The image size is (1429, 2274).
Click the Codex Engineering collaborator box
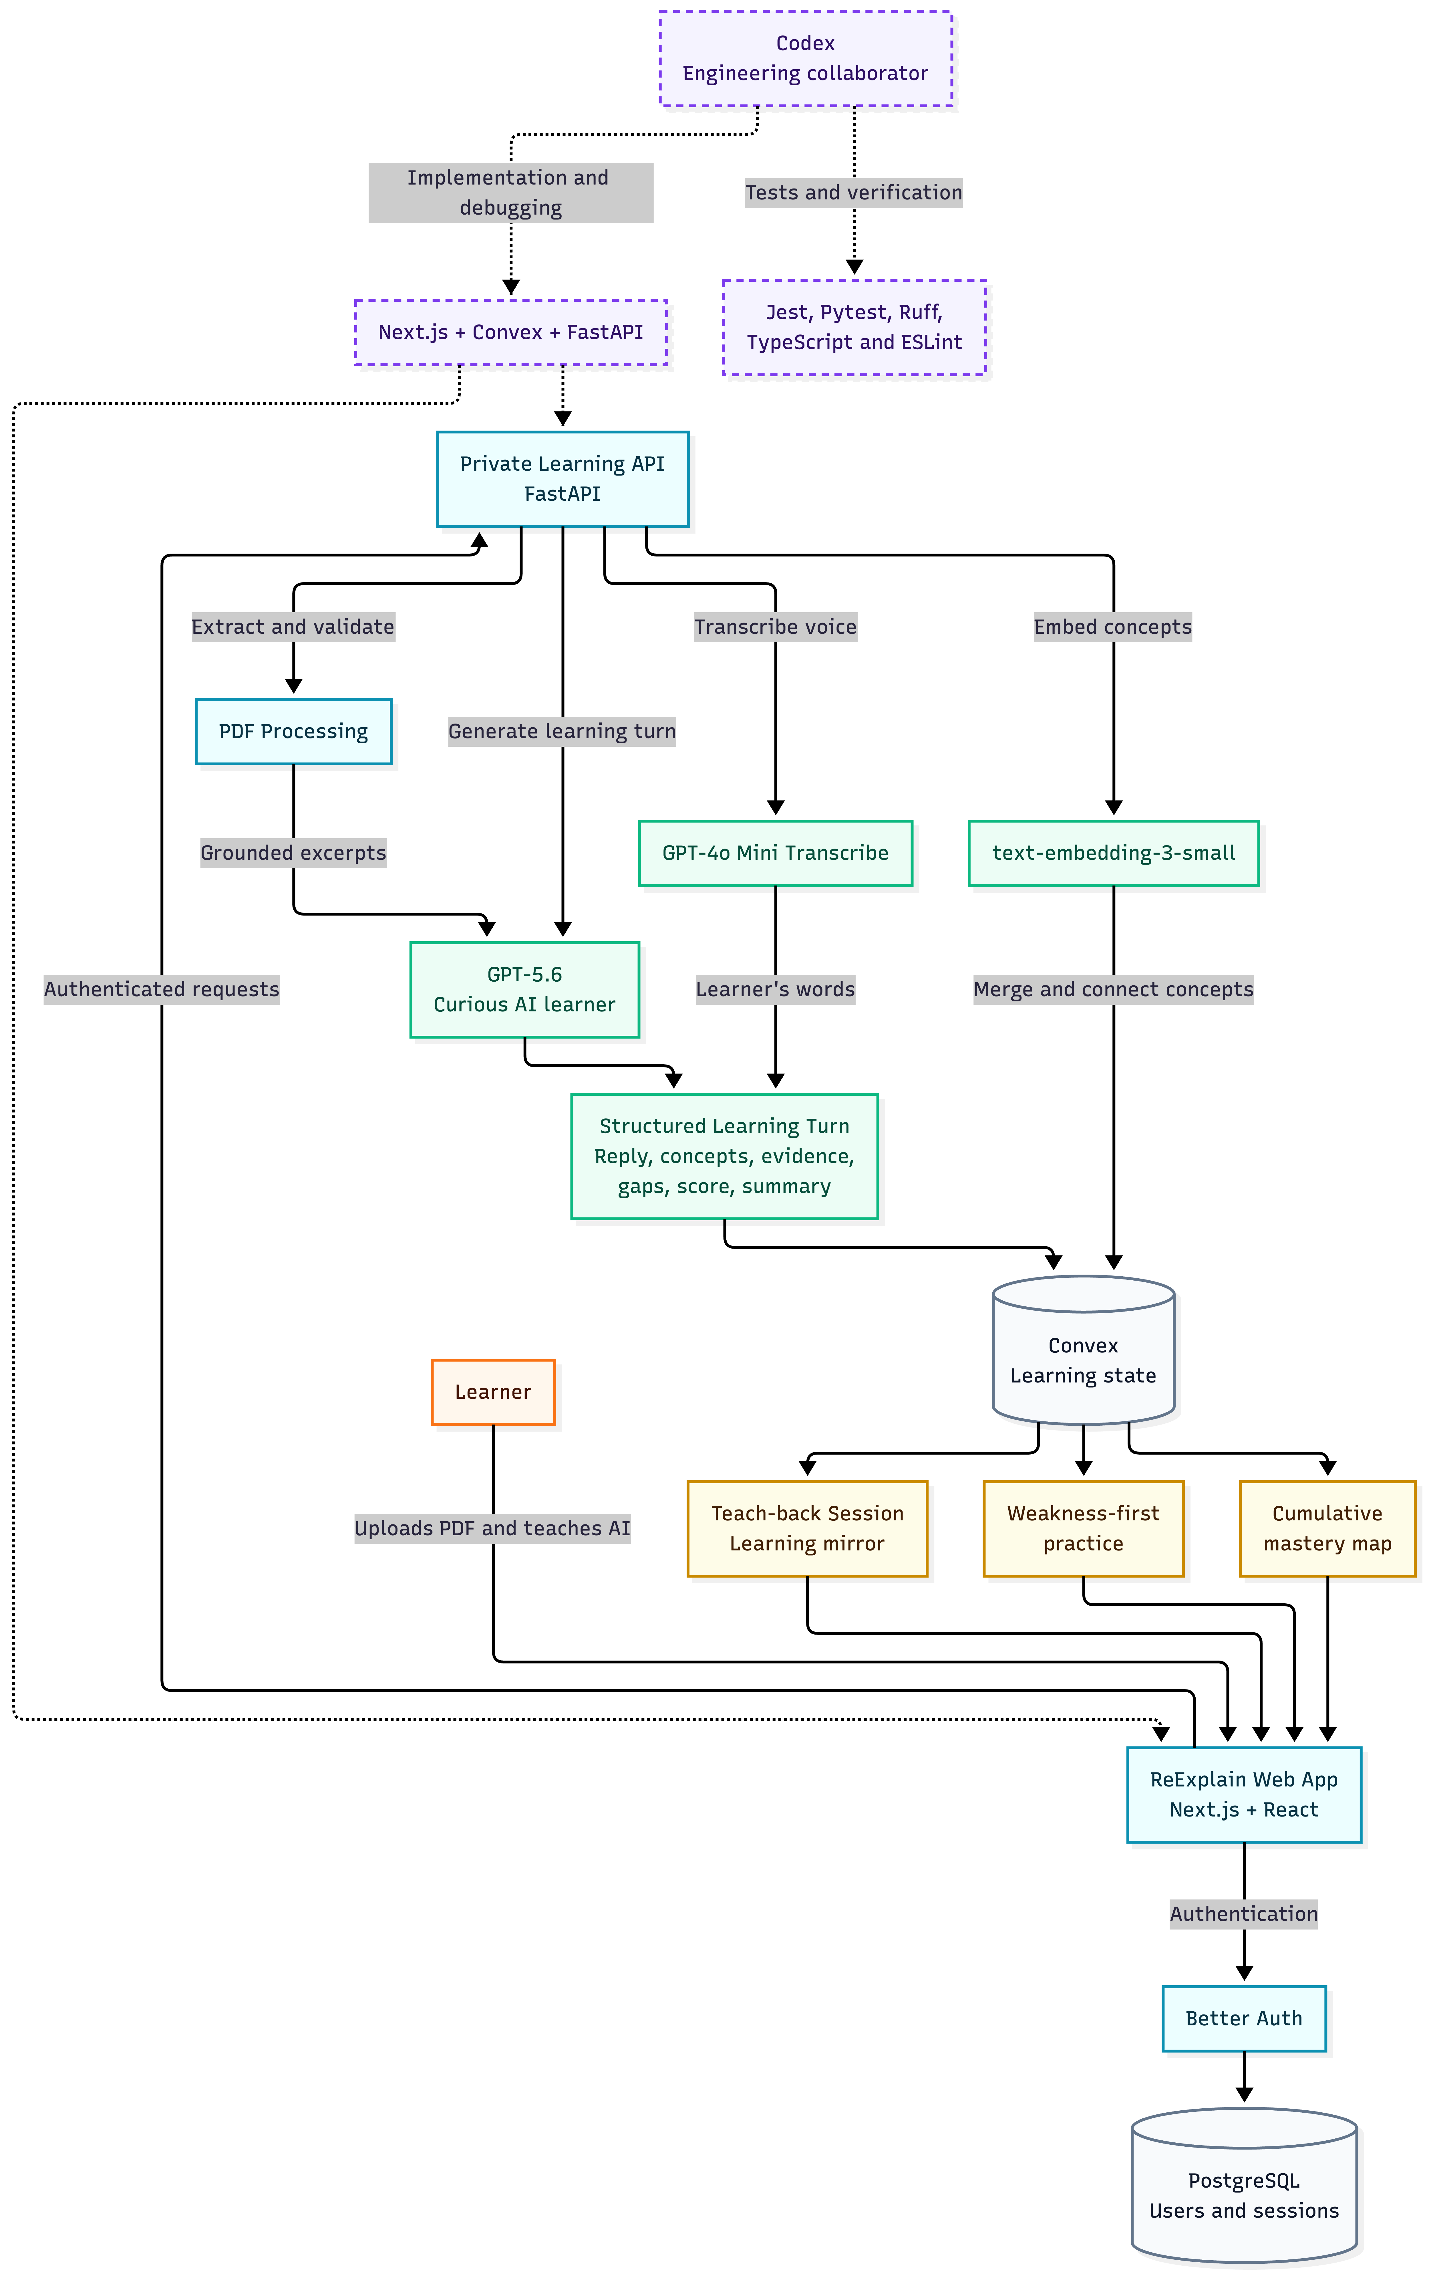[805, 59]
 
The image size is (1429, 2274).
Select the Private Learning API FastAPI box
[563, 479]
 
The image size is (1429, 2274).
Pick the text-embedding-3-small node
[1114, 853]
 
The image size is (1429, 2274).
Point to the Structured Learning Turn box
[724, 1156]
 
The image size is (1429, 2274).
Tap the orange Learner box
[493, 1392]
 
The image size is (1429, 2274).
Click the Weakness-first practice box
[1084, 1528]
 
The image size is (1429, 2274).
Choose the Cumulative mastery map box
[1327, 1528]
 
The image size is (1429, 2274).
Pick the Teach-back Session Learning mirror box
[807, 1528]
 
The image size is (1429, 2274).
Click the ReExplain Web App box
[1244, 1794]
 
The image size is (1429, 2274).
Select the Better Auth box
[1244, 2018]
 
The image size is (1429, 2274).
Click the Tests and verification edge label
[853, 193]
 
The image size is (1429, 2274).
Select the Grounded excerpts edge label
[293, 853]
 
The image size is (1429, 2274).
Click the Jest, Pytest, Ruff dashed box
[854, 327]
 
